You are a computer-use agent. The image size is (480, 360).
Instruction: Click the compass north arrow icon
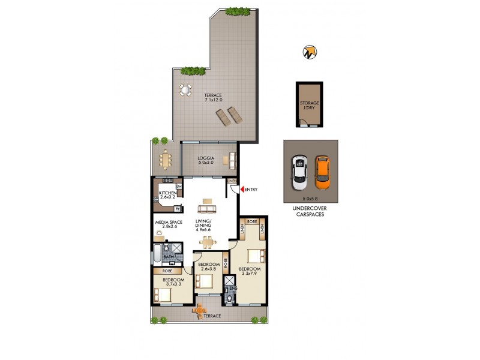click(310, 52)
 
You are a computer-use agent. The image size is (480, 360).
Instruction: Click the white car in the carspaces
click(299, 170)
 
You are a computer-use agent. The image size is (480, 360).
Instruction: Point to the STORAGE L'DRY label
click(310, 106)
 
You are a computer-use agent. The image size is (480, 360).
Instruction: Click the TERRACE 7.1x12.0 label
click(213, 98)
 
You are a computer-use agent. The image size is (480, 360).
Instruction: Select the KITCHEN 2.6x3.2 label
click(167, 195)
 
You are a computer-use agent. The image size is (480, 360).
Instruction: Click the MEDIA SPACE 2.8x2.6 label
click(168, 224)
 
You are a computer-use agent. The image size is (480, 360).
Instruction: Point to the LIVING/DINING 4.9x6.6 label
click(206, 225)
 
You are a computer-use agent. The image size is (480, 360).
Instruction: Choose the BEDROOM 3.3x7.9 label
click(250, 271)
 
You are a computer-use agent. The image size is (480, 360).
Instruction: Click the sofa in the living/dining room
click(208, 209)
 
